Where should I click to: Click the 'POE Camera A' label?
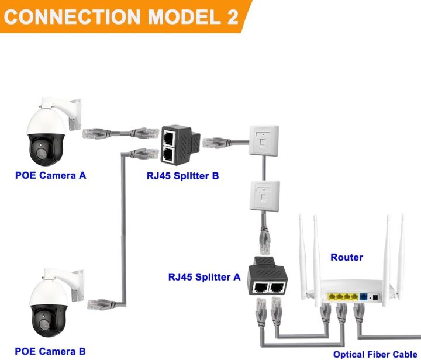[50, 175]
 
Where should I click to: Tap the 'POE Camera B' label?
[50, 351]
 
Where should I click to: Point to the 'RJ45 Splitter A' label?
[203, 277]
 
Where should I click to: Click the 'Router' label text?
[347, 257]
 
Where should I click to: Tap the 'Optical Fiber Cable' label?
[375, 354]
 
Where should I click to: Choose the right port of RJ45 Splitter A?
[278, 287]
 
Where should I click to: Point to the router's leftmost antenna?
[303, 251]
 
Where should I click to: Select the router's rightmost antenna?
[403, 251]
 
